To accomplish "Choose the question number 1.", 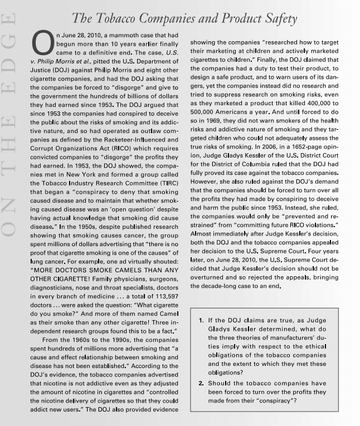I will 201,321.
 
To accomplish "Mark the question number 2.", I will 201,383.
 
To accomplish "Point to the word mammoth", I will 121,35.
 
